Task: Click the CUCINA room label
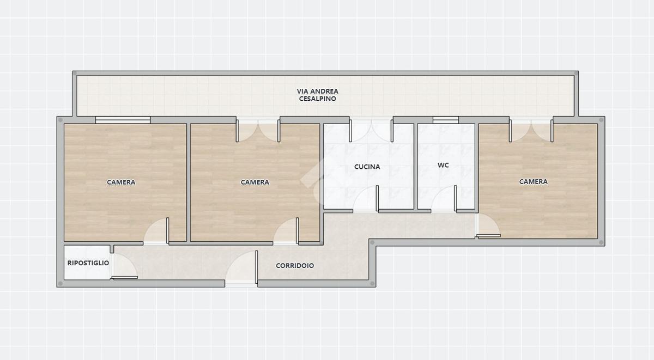tap(367, 167)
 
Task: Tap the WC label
tap(443, 165)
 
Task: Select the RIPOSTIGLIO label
tap(88, 263)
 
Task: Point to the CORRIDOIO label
tap(295, 265)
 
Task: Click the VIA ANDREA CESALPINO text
tap(317, 95)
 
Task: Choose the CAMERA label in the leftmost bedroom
tap(121, 182)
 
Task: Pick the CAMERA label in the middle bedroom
tap(255, 182)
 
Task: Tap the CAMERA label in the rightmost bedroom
tap(533, 181)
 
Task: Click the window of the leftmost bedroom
tap(123, 120)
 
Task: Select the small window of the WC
tap(446, 120)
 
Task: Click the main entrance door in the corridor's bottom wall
tap(241, 267)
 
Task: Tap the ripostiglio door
tap(124, 266)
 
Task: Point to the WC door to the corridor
tap(444, 198)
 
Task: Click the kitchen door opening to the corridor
tap(366, 198)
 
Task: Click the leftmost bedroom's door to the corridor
tap(156, 230)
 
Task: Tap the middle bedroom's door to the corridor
tap(286, 230)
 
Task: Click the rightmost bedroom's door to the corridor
tap(488, 225)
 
